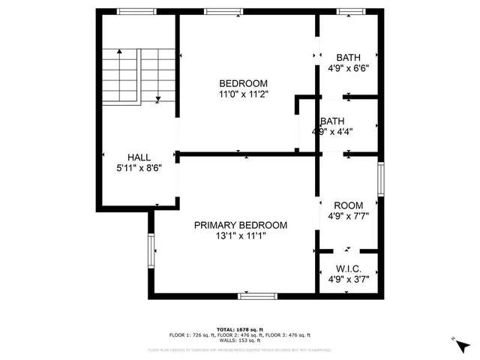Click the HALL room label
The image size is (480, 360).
coord(139,157)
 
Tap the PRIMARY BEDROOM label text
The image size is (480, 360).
coord(240,225)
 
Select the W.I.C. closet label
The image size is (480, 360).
coord(349,268)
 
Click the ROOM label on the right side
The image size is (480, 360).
coord(349,205)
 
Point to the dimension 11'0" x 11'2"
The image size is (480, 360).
coord(243,94)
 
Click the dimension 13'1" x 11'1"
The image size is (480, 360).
coord(240,235)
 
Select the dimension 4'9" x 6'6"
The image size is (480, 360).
coord(349,68)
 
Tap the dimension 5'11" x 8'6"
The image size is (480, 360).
coord(139,168)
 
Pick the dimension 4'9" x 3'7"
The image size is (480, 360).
coord(349,279)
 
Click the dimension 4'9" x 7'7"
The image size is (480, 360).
coord(349,217)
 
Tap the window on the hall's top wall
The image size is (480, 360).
coord(136,11)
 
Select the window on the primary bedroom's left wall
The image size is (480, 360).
coord(151,251)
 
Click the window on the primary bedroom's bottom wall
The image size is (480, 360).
coord(259,295)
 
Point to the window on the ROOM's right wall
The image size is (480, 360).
coord(380,180)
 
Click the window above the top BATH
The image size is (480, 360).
coord(349,11)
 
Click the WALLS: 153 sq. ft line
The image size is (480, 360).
coord(240,340)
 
